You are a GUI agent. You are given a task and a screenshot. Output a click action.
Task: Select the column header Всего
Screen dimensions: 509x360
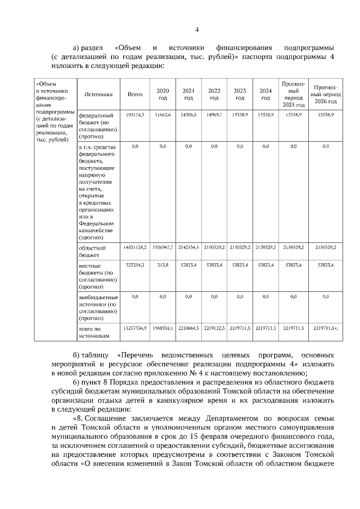[135, 94]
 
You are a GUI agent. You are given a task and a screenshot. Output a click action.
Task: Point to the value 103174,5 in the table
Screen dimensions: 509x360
[135, 114]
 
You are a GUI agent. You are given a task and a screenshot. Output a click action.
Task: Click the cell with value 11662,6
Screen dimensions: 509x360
[163, 114]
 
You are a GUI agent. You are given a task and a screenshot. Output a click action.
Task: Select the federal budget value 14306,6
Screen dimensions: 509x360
[188, 114]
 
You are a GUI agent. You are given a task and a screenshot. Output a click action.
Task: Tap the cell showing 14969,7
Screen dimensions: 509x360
[214, 114]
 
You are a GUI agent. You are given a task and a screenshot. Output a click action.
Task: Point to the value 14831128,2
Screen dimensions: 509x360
[135, 247]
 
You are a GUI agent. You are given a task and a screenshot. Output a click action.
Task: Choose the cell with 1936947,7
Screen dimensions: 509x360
[163, 247]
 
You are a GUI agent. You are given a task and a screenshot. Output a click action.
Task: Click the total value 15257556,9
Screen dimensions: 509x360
[135, 327]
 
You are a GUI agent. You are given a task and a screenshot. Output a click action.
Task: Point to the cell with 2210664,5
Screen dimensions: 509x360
[188, 327]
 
